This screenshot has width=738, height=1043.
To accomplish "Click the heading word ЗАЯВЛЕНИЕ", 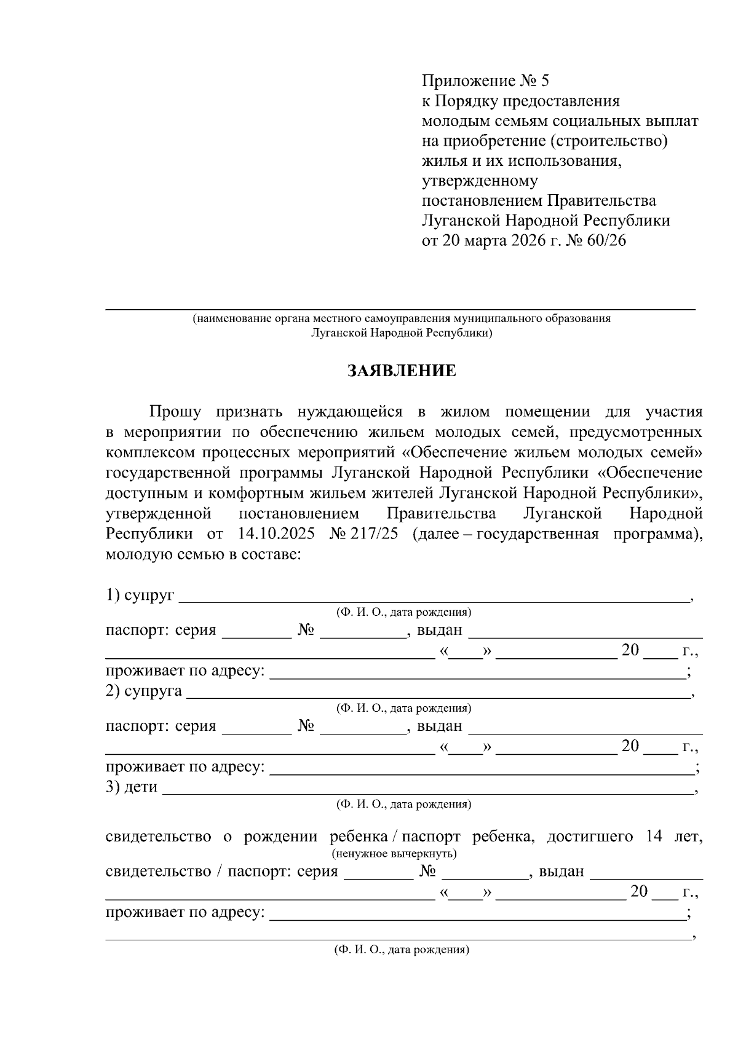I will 402,371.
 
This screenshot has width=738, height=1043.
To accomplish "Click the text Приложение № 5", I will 485,81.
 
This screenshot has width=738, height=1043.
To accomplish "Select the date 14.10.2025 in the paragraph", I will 276,533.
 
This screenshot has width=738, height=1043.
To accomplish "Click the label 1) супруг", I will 140,595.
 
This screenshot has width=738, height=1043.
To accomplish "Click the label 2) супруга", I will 144,691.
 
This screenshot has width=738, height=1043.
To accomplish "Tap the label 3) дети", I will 132,787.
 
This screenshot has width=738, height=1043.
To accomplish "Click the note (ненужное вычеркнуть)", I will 394,854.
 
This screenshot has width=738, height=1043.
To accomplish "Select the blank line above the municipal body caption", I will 400,307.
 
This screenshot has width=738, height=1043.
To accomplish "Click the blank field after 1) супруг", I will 434,596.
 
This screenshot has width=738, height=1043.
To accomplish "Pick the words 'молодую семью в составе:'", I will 204,554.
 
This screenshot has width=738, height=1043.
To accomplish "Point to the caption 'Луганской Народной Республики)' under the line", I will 402,333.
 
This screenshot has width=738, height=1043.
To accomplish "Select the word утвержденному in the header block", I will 480,181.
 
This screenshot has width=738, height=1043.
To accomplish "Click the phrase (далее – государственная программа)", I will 557,533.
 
